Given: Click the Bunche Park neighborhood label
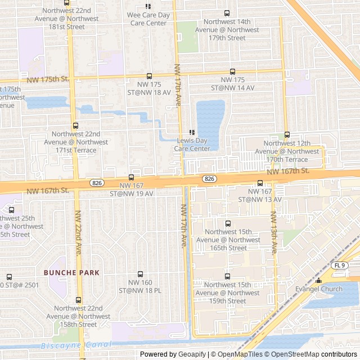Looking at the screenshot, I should pos(71,273).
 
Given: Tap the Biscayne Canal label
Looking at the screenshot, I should pos(69,345).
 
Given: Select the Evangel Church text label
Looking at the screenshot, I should pos(318,289).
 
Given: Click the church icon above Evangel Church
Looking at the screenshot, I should pos(318,280).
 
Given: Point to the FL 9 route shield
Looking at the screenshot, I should pos(339,265).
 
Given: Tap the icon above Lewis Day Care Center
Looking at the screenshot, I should pos(192,132).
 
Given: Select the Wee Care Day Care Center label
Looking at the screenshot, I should pos(148,19).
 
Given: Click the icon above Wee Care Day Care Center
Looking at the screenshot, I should pos(148,6).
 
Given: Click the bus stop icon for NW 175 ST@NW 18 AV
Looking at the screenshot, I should pos(149,76).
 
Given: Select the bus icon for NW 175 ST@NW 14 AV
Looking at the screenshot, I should pos(232,71).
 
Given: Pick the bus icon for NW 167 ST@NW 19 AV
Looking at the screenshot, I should pos(132,177).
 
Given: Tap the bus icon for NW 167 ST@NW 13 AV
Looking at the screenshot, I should pos(260,183).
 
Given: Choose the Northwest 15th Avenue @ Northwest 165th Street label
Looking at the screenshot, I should pos(232,240).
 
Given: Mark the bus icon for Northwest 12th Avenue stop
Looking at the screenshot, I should pos(287,134).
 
